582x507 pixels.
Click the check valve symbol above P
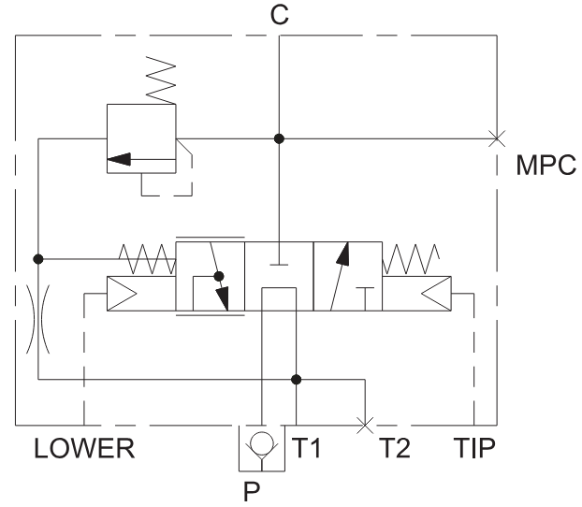pyautogui.click(x=261, y=448)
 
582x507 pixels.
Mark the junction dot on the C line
pyautogui.click(x=279, y=139)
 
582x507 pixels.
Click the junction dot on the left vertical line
pyautogui.click(x=37, y=258)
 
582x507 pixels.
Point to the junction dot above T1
pyautogui.click(x=297, y=380)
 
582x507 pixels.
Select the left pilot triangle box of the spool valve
pyautogui.click(x=141, y=294)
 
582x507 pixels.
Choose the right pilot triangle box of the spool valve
pyautogui.click(x=417, y=294)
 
